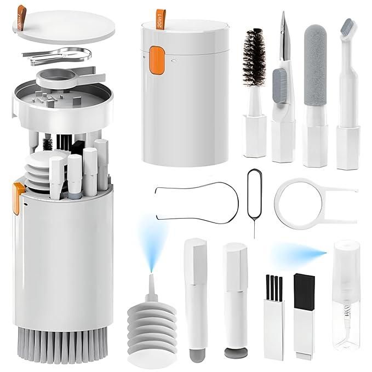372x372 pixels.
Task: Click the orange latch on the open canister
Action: point(18,194)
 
